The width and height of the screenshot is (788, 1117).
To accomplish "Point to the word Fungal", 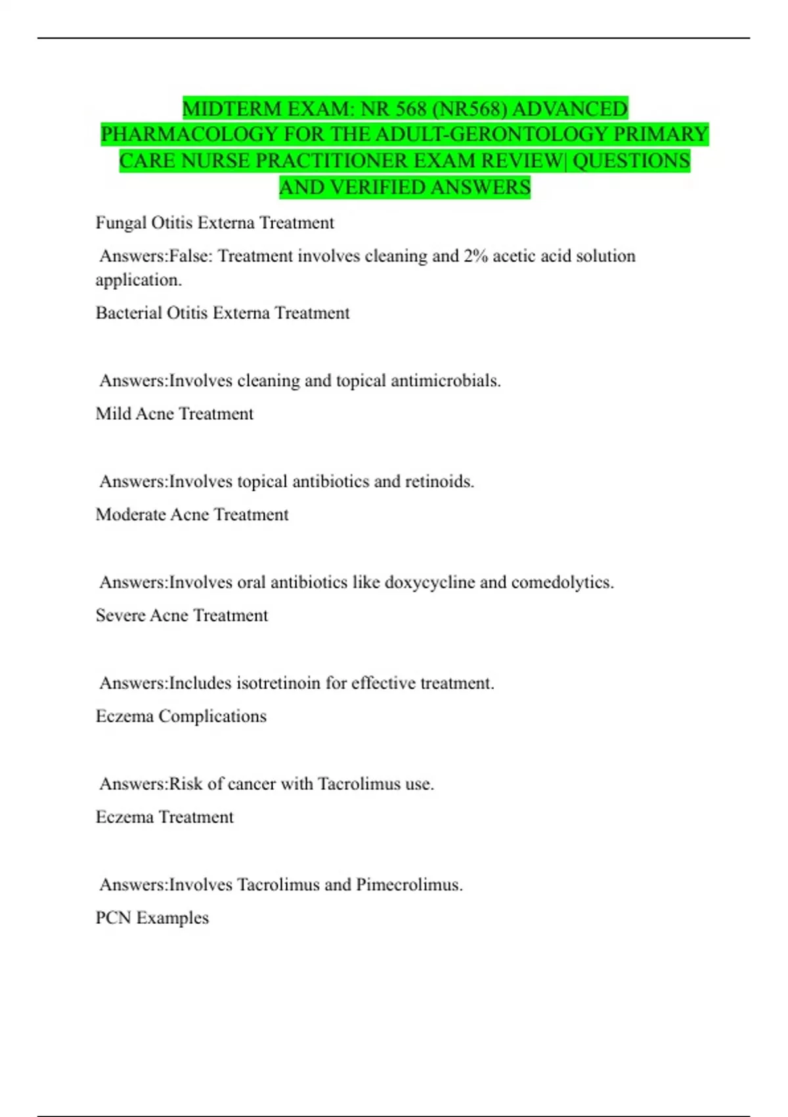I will coord(121,223).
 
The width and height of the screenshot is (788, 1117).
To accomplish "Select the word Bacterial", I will coord(129,313).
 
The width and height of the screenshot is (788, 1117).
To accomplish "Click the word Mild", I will coord(113,414).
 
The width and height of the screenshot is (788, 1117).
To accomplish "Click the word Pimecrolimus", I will coord(409,885).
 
